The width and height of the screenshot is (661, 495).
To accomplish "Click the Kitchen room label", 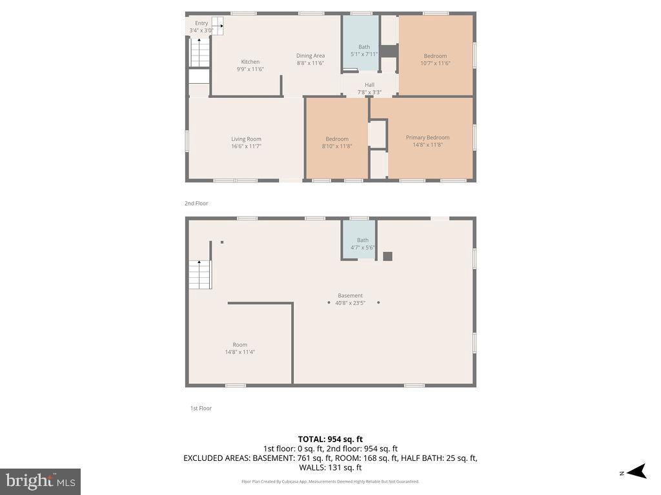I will click(250, 62).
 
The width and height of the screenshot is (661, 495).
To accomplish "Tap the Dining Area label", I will click(310, 56).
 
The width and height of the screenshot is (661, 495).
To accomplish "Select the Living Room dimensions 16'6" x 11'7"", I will click(246, 146).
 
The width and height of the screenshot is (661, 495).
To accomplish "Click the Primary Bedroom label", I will click(427, 137).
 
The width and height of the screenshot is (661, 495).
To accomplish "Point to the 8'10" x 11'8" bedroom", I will click(337, 142).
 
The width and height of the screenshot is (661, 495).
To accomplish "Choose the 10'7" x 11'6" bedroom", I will click(435, 59).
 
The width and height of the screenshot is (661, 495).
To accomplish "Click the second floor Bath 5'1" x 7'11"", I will click(364, 50).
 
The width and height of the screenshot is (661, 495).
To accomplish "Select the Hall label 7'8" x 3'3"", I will click(369, 88).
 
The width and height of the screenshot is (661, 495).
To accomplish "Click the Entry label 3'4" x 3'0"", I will click(201, 26).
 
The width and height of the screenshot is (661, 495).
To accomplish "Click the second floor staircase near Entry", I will click(199, 53).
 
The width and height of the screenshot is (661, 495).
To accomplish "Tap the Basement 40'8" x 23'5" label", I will click(350, 299).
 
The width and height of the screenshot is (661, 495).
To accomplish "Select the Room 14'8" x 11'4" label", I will click(239, 348).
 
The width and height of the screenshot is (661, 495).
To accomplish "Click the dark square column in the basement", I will click(387, 256).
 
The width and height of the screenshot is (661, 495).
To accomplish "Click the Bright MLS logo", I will click(40, 481).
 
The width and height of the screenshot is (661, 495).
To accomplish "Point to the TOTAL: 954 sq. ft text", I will click(330, 439).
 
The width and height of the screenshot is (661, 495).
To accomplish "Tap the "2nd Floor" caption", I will click(196, 203).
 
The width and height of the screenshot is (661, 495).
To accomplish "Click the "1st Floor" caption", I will click(200, 408).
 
